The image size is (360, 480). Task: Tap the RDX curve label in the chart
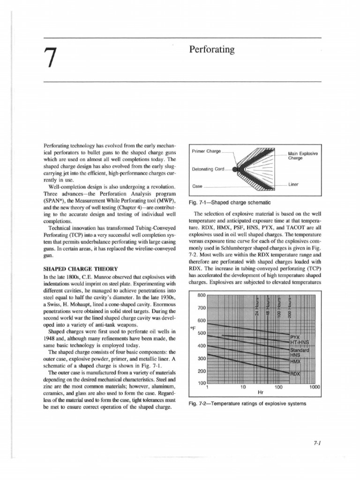(295, 373)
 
